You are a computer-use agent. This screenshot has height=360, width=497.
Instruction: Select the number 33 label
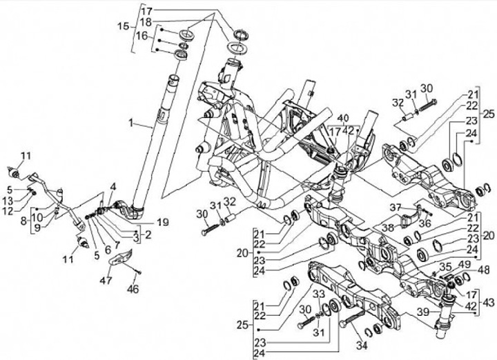click(318, 294)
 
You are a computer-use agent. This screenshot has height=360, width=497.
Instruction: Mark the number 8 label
click(25, 220)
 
